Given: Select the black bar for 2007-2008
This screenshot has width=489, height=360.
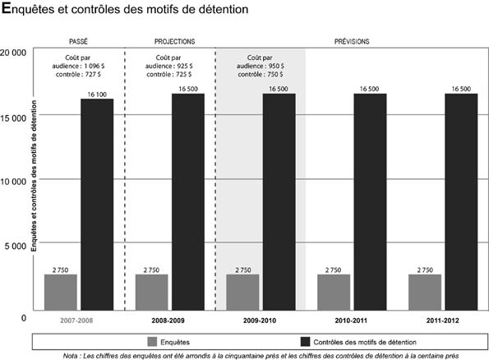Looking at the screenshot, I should [x=96, y=205].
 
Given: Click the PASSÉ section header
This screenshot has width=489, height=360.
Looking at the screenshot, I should [x=80, y=41].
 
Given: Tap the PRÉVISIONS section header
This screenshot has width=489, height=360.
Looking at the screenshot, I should [x=351, y=41].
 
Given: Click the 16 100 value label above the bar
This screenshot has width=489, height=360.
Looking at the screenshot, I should [x=96, y=94].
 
